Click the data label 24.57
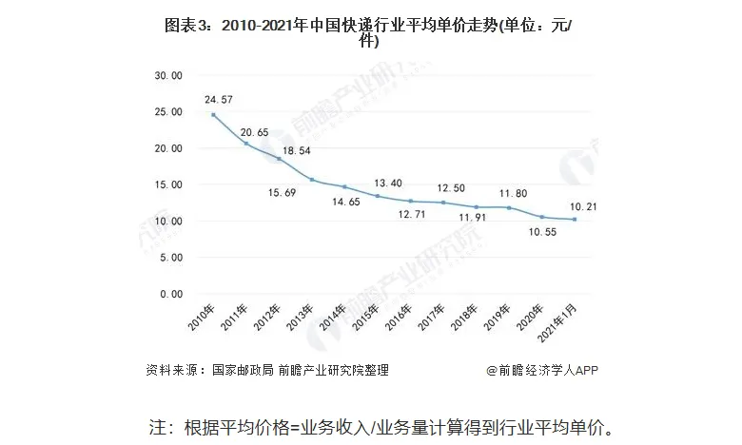pos(217,98)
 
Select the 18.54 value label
pos(289,150)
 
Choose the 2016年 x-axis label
pos(399,320)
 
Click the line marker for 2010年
pos(213,115)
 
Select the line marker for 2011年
pos(246,144)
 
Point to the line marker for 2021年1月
pos(574,220)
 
